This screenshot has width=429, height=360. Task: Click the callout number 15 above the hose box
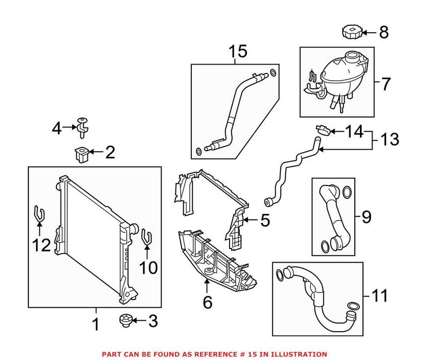pyautogui.click(x=238, y=51)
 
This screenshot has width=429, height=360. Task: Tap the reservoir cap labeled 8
pyautogui.click(x=350, y=33)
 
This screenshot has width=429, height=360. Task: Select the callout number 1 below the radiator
pyautogui.click(x=96, y=325)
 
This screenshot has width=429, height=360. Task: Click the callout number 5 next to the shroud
pyautogui.click(x=264, y=220)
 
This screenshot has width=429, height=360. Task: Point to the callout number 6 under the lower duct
pyautogui.click(x=207, y=302)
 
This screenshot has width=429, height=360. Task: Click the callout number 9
pyautogui.click(x=366, y=217)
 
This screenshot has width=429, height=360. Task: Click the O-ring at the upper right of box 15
pyautogui.click(x=273, y=74)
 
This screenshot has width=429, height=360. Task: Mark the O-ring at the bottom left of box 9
pyautogui.click(x=326, y=247)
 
